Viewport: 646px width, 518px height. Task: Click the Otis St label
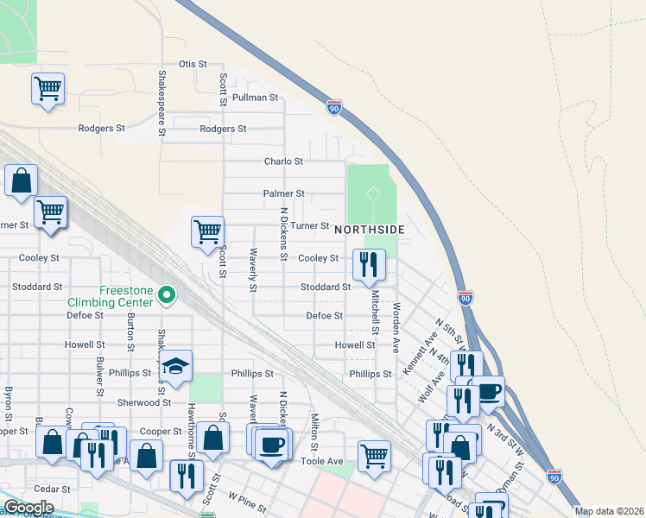pyautogui.click(x=193, y=64)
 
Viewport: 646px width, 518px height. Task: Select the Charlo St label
pyautogui.click(x=283, y=161)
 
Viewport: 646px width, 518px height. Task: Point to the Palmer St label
pyautogui.click(x=284, y=194)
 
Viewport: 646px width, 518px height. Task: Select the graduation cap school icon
pyautogui.click(x=175, y=366)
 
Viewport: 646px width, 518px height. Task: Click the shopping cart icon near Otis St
pyautogui.click(x=47, y=88)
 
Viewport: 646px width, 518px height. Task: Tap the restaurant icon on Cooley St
pyautogui.click(x=369, y=263)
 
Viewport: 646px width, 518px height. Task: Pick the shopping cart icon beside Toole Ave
pyautogui.click(x=374, y=455)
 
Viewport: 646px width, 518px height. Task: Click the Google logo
pyautogui.click(x=28, y=508)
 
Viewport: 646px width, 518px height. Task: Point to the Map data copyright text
pyautogui.click(x=610, y=511)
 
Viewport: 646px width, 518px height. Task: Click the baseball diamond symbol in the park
pyautogui.click(x=372, y=194)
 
